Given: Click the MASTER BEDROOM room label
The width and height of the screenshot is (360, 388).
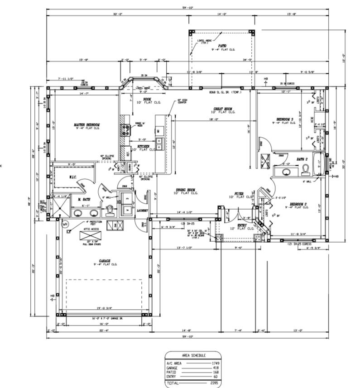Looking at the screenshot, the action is coord(86,125).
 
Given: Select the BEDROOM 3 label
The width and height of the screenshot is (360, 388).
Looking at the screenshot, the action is coord(285,120).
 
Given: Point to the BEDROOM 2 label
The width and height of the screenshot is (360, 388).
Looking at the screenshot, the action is coord(298,204).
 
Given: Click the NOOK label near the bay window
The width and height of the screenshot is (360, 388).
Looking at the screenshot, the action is coord(147,99).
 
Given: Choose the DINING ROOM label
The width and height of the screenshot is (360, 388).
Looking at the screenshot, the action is coord(187,190).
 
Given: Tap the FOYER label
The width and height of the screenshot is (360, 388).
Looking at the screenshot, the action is coord(239,194).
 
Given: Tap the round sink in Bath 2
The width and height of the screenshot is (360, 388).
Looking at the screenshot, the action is coord(286,172).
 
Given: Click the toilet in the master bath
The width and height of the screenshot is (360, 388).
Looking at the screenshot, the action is coord(110,210).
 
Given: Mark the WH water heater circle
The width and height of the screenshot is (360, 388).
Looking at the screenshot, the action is coord(65,224).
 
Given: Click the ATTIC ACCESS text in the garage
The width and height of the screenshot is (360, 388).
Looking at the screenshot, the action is coord(92,230).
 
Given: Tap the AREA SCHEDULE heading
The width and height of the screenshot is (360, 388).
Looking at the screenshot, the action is coord(193,356).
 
